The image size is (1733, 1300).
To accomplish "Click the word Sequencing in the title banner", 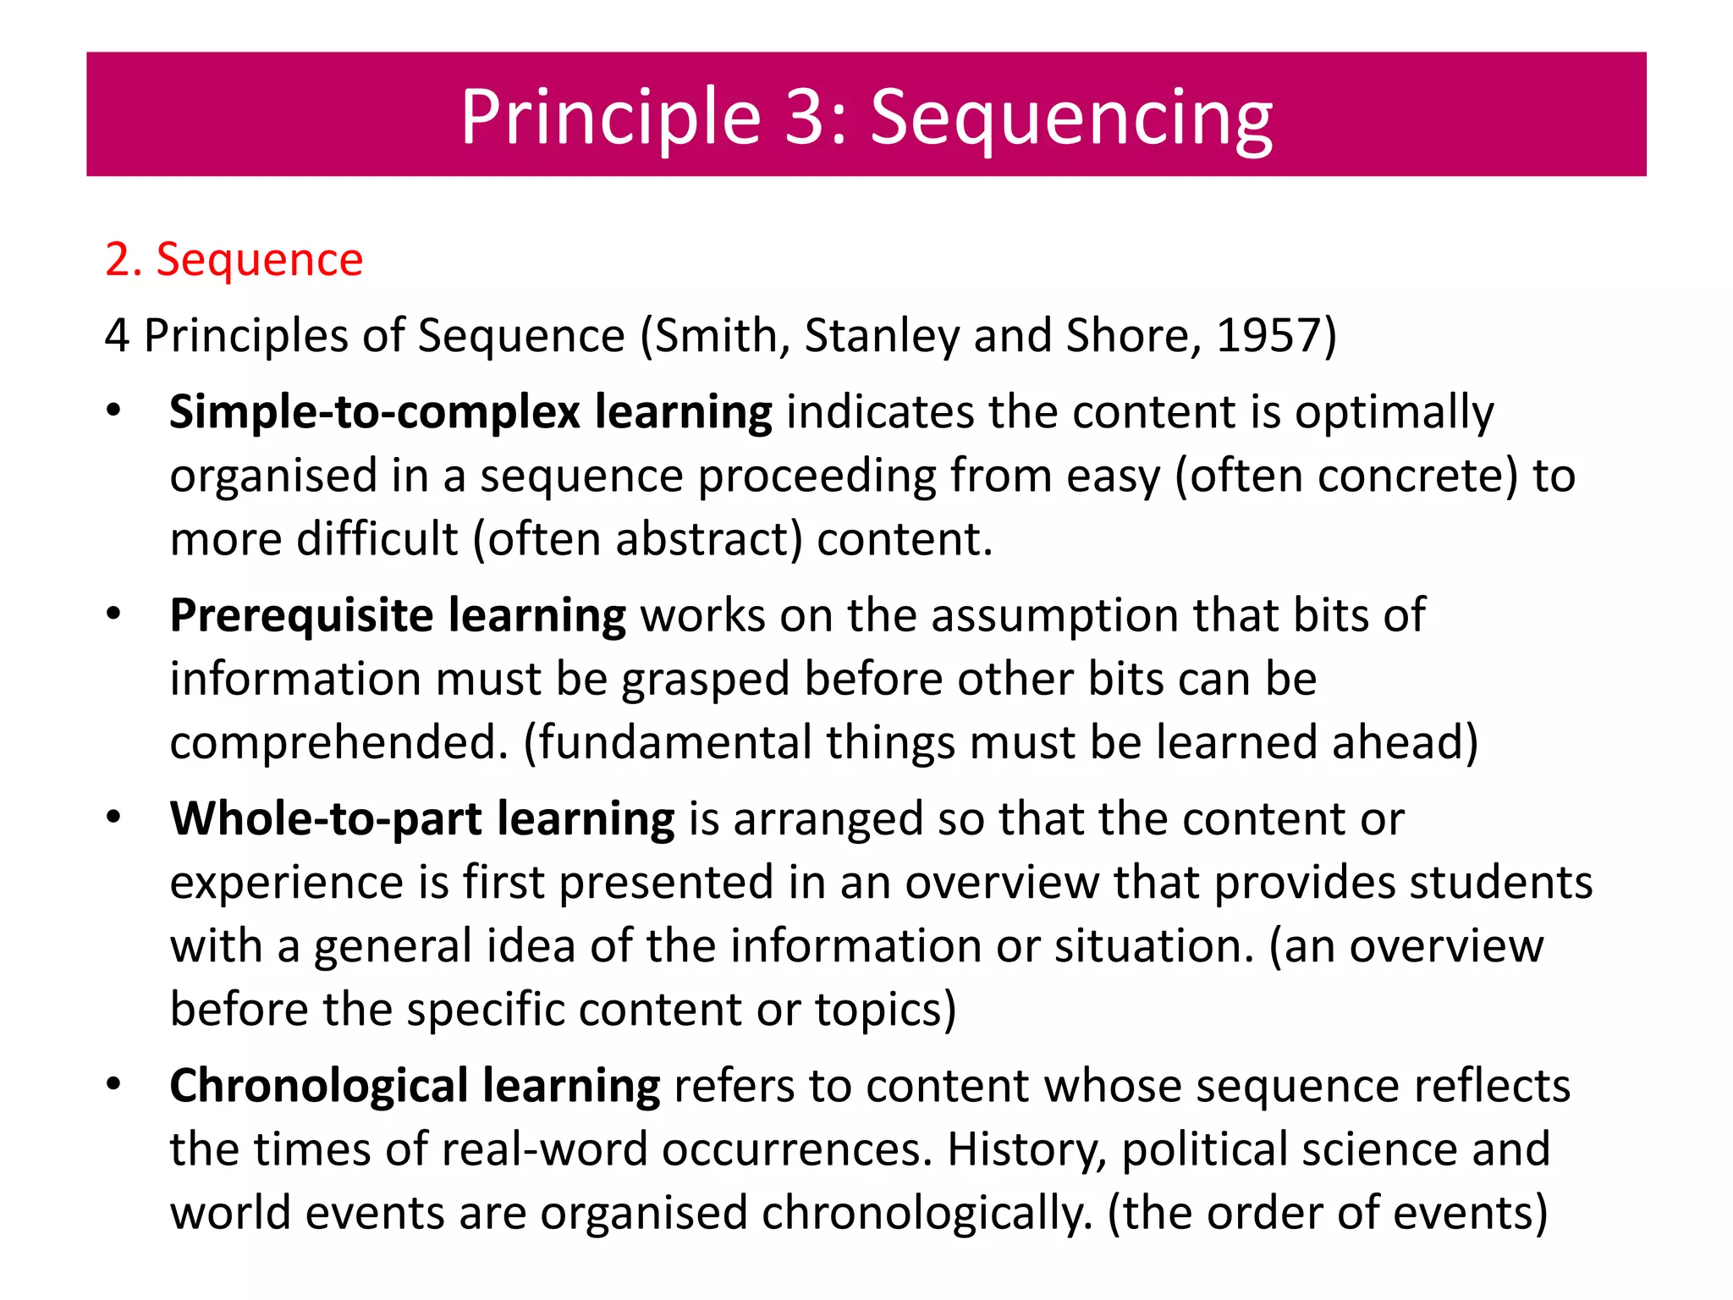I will pyautogui.click(x=1070, y=118).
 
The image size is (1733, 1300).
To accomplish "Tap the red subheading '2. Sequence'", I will pyautogui.click(x=234, y=259).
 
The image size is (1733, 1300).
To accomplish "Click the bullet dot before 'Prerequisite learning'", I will pyautogui.click(x=114, y=613).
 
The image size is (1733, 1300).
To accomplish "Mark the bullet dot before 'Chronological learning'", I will pyautogui.click(x=114, y=1083).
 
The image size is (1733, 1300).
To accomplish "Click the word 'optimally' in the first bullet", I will pyautogui.click(x=1395, y=414).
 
